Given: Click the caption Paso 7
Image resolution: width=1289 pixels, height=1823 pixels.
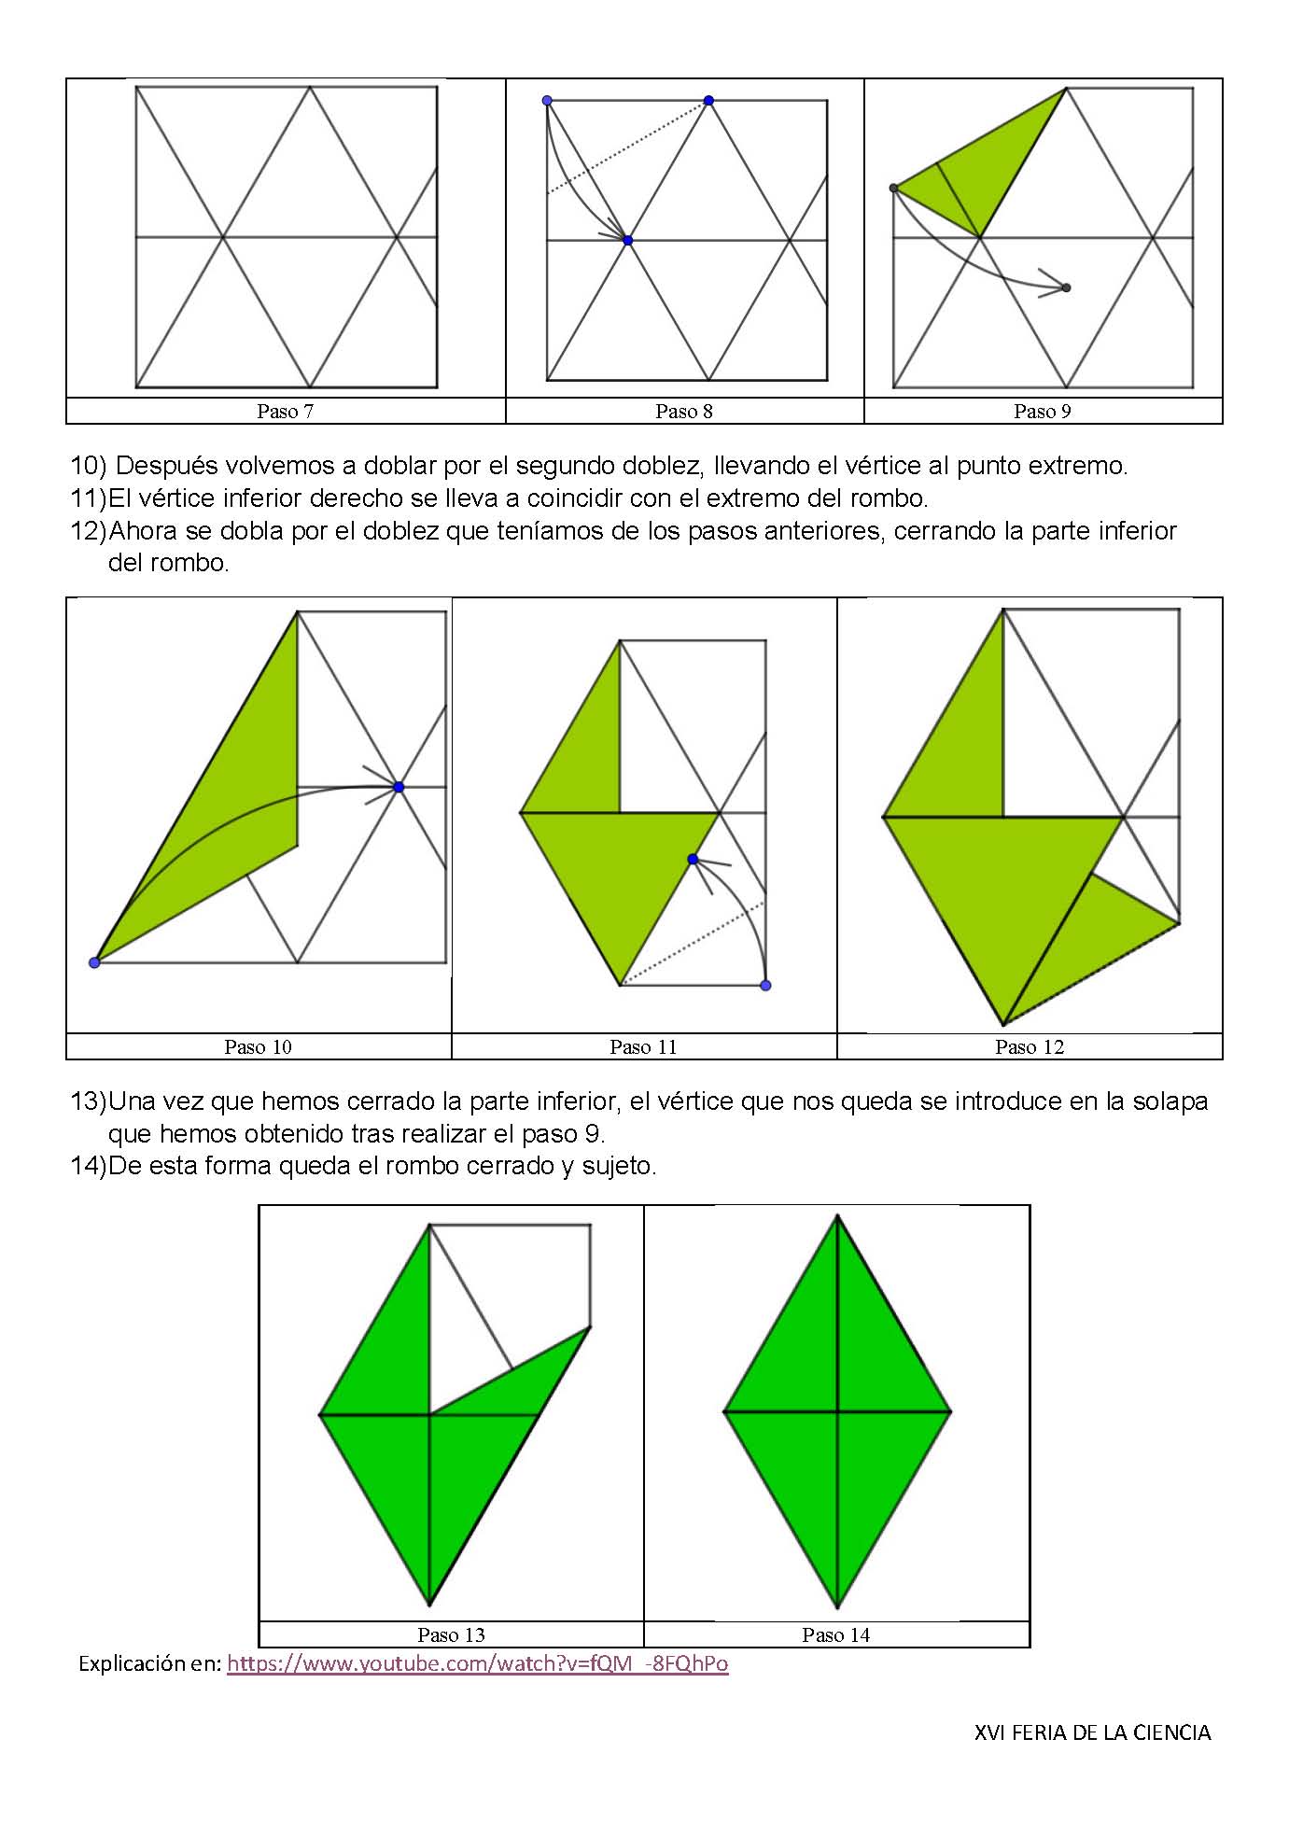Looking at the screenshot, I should click(x=285, y=412).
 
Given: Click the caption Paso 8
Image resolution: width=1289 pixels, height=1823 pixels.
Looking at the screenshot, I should click(x=683, y=412).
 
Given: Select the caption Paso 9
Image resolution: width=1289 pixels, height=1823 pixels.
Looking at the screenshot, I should click(x=1042, y=412).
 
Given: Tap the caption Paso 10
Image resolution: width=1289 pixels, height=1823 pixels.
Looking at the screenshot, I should click(x=258, y=1047).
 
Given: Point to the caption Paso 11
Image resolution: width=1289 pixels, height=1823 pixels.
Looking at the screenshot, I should click(x=642, y=1047).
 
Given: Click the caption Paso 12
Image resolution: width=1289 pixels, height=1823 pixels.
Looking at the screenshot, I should click(x=1029, y=1047).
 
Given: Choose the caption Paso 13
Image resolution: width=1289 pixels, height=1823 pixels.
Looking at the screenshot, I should click(x=451, y=1634).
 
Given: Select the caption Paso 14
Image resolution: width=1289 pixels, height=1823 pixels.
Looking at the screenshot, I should click(x=835, y=1634).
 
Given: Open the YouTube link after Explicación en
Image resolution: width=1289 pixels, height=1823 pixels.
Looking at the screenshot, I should click(x=477, y=1663).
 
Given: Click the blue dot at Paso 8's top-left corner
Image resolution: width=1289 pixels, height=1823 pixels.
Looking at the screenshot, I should click(x=547, y=101).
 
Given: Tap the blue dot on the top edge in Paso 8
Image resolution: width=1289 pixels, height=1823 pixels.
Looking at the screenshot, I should click(x=708, y=101).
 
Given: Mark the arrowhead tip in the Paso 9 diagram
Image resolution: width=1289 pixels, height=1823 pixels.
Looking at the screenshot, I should click(x=1066, y=287).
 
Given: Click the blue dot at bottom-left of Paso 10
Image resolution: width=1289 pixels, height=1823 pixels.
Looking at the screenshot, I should click(x=94, y=962).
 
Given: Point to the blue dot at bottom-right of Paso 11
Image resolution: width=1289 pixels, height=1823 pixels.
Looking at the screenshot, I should click(x=765, y=986).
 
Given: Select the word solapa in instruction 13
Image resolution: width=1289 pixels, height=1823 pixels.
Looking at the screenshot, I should click(x=1170, y=1101).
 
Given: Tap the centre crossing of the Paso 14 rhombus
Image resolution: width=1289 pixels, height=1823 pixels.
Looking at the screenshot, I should click(x=837, y=1411).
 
